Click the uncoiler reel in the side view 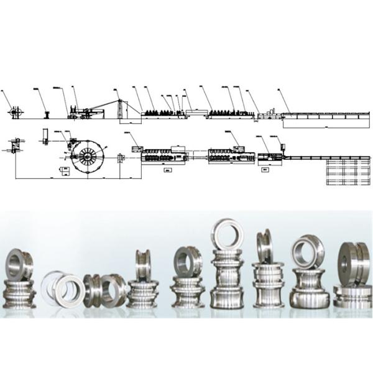[14, 113]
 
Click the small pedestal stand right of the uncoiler [47, 114]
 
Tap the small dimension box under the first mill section [167, 168]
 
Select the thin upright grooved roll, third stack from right [263, 247]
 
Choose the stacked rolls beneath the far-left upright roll [20, 292]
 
